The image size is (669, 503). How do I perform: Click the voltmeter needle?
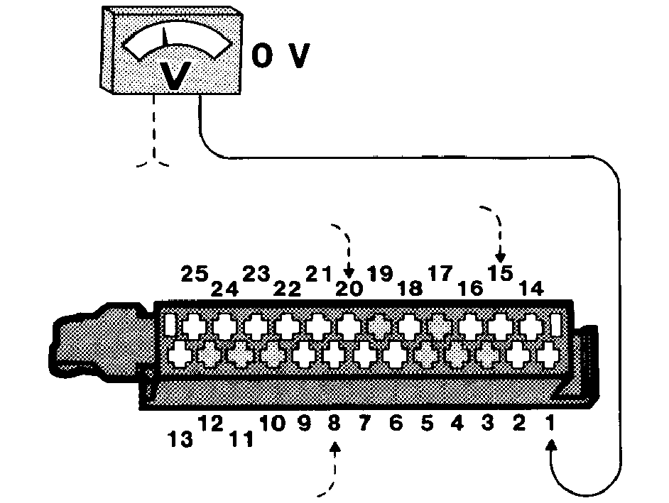pos(165,37)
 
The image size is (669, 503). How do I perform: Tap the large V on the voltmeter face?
pos(175,75)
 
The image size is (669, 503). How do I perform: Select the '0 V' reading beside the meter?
pos(281,55)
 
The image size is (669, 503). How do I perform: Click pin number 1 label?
pos(550,423)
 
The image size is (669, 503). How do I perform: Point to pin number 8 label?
pos(334,423)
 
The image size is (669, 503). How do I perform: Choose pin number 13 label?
pos(180,439)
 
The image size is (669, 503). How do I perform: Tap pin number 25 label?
pos(195,274)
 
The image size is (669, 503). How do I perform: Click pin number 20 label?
pos(349,289)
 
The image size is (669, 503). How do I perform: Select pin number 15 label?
pos(500,274)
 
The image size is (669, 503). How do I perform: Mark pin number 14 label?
pos(532,289)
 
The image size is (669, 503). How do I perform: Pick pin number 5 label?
pos(427,423)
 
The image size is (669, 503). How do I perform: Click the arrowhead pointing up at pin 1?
pos(552,446)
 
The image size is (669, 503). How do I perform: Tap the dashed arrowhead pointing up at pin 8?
pos(335,448)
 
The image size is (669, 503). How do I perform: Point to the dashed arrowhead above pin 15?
pos(501,257)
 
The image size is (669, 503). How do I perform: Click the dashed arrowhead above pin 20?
pos(349,272)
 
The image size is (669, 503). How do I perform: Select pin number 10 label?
pos(272,423)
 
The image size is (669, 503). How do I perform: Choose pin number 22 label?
pos(287,289)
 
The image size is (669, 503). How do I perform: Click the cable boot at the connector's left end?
pos(102,341)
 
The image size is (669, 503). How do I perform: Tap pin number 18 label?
pos(410,289)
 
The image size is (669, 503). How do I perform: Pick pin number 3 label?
pos(488,423)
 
